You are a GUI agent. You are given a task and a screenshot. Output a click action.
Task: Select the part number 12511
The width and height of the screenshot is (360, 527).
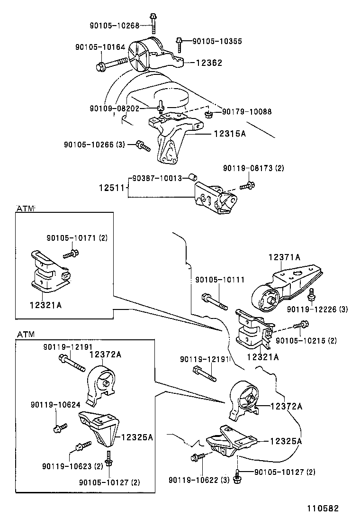[x=112, y=188]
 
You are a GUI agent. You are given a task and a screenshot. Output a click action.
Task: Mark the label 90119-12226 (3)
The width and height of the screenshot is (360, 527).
[x=317, y=309]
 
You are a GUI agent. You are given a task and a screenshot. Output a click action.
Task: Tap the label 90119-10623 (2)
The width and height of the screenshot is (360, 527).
[x=72, y=466]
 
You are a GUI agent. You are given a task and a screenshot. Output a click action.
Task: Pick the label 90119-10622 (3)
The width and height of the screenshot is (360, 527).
[x=199, y=480]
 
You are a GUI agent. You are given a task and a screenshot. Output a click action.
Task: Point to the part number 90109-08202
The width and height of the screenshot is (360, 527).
[x=114, y=109]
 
